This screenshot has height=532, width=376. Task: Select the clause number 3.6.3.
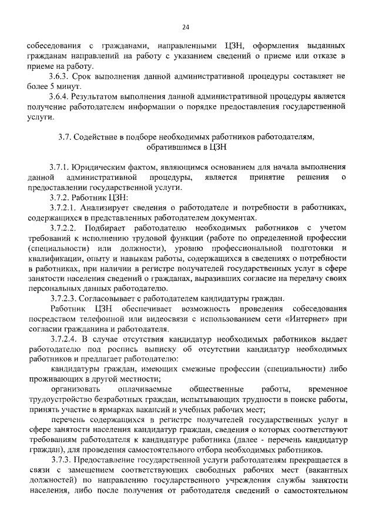coord(61,77)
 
